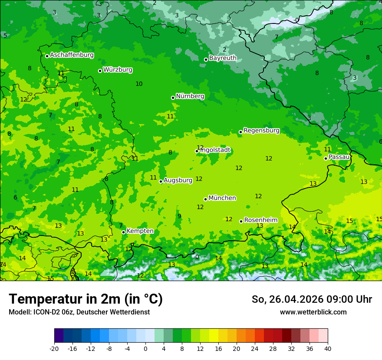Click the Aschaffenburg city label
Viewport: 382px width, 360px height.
coord(72,55)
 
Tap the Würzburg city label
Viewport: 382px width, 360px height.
coord(118,70)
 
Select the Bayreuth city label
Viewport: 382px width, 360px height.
coord(223,58)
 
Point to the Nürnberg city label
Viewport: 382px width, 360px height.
coord(190,96)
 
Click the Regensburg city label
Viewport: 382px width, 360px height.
coord(261,131)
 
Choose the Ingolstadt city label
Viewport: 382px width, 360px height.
coord(215,151)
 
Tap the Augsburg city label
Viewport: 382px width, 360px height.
coord(178,180)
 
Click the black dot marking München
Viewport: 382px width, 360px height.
coord(205,199)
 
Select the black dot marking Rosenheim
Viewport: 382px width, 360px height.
coord(241,221)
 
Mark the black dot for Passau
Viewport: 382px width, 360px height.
coord(326,158)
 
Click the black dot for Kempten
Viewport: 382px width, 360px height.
coord(123,232)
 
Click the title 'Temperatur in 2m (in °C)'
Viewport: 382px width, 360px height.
coord(86,299)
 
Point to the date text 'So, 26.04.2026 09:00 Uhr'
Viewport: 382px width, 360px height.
coord(312,299)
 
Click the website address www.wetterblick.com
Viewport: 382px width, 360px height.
coord(313,312)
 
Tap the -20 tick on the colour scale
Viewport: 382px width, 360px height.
coord(54,348)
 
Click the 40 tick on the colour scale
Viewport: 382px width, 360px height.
coord(328,348)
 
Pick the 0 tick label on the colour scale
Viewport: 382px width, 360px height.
coord(145,348)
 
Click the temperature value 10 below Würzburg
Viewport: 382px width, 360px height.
coord(139,84)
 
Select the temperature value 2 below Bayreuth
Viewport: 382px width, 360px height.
coord(224,49)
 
